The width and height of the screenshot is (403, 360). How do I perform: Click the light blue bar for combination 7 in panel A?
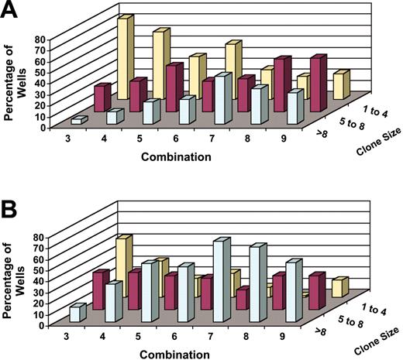(x=223, y=100)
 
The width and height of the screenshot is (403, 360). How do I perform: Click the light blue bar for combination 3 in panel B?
(x=75, y=314)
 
